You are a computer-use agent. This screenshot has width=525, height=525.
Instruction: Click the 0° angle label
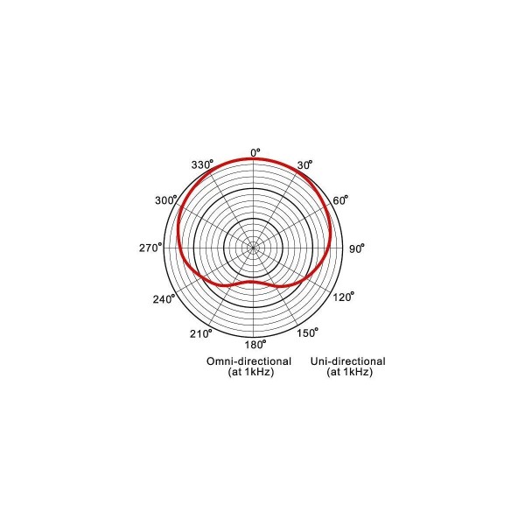(255, 152)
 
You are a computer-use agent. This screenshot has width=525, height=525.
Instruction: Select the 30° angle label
(304, 164)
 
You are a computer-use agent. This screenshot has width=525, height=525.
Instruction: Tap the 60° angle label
(340, 200)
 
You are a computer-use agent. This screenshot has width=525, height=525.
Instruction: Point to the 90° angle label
(357, 248)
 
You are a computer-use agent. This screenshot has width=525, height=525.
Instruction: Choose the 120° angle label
(343, 297)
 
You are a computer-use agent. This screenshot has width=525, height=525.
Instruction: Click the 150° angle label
(307, 332)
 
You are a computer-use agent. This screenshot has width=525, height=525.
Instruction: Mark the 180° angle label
(255, 344)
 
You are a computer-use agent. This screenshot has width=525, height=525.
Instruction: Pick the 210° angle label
(201, 333)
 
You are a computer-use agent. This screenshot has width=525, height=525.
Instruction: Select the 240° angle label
(164, 298)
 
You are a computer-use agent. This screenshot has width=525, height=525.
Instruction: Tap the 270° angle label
(150, 248)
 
